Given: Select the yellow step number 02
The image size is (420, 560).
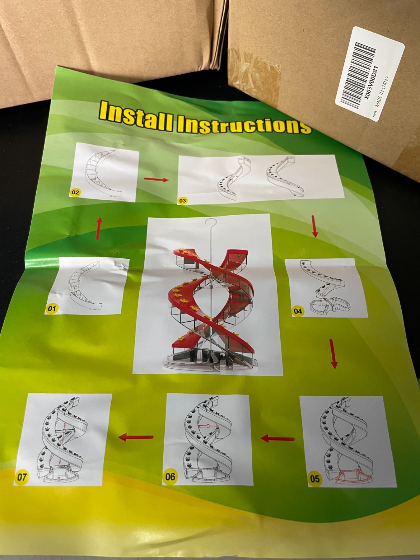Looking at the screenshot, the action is point(75,192).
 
